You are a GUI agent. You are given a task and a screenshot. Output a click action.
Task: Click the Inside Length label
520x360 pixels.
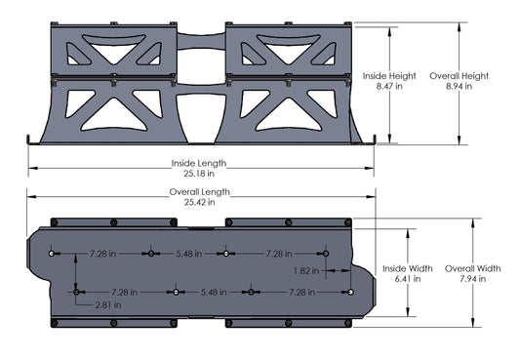tap(198, 163)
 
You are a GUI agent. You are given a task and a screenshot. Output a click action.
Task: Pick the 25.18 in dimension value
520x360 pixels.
tap(198, 175)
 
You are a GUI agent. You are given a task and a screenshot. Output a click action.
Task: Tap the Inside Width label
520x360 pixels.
tap(409, 267)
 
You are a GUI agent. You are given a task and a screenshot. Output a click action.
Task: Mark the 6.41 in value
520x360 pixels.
tap(409, 279)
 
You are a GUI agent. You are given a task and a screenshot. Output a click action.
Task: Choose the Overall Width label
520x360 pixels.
tap(473, 267)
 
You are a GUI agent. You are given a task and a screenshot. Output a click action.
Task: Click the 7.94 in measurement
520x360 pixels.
tap(473, 279)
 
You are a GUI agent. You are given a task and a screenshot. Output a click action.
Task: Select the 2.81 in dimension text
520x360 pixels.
tap(109, 305)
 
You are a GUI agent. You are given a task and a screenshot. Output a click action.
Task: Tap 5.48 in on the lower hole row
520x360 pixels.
tap(214, 292)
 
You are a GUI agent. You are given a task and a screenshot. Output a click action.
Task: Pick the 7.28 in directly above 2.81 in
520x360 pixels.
tap(124, 292)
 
